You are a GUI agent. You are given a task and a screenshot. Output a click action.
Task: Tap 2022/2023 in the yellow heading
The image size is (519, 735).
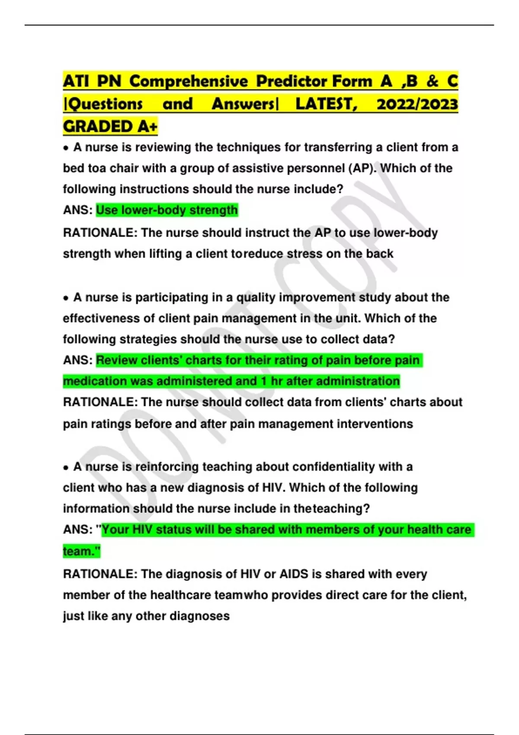(417, 104)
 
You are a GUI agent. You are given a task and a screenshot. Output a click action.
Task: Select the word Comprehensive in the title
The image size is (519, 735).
(189, 81)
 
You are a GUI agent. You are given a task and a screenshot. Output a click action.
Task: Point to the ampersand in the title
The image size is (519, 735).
(432, 81)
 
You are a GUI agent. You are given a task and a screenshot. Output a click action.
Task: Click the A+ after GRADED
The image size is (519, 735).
(148, 127)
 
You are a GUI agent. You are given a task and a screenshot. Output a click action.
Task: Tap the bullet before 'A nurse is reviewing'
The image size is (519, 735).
(66, 148)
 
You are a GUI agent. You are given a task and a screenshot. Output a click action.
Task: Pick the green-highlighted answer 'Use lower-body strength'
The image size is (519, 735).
(167, 210)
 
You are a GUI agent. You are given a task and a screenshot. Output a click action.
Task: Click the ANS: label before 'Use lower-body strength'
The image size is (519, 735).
(77, 210)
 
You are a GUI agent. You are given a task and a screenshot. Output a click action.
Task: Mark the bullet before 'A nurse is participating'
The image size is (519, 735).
(66, 298)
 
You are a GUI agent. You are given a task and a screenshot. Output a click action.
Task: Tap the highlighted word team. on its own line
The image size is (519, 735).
(81, 551)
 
